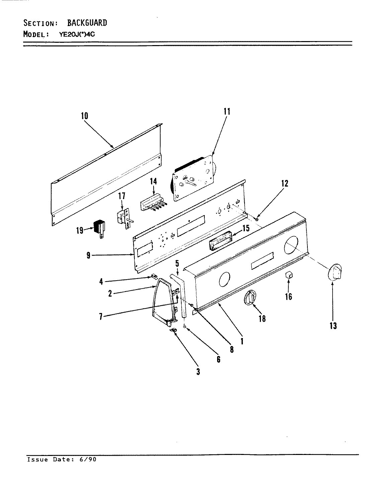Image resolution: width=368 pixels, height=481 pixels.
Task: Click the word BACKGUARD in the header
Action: (x=87, y=23)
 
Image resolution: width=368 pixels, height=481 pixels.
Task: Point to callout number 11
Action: (x=227, y=111)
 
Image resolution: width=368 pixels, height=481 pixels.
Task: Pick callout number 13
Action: (x=333, y=325)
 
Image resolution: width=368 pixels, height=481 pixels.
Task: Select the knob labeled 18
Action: (x=251, y=298)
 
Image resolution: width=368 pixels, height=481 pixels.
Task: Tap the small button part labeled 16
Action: (x=289, y=275)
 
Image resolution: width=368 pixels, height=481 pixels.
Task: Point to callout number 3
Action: (x=198, y=371)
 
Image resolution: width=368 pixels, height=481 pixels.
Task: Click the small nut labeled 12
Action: (x=256, y=219)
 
